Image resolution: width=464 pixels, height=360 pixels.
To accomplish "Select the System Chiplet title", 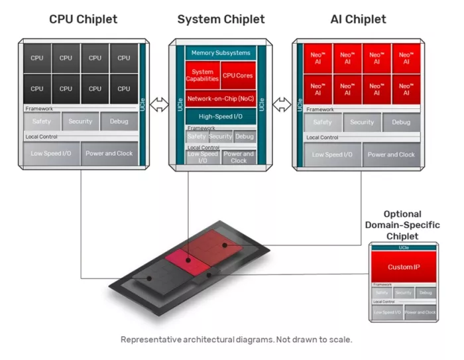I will [221, 19].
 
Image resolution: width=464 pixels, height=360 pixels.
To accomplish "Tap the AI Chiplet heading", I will [358, 19].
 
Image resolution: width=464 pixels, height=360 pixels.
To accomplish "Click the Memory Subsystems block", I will [221, 52].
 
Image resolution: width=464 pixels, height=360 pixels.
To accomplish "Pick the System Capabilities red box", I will [202, 76].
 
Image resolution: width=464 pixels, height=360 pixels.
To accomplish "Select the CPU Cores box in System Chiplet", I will [237, 76].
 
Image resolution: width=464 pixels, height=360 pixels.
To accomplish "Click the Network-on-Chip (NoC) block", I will [220, 98].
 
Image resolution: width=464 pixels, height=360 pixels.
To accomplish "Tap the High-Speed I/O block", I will [220, 115].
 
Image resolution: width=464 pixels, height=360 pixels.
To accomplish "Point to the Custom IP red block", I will [404, 267].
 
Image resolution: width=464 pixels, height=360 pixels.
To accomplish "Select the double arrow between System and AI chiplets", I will [282, 104].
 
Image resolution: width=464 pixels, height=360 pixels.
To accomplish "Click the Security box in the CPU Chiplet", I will [80, 121].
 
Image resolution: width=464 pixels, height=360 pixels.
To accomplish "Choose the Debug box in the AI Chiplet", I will [400, 122].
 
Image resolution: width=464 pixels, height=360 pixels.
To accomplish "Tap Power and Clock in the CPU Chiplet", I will [109, 154].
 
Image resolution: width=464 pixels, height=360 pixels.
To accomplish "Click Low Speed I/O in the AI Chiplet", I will [333, 154].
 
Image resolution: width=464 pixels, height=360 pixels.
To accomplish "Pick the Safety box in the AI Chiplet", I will [322, 122].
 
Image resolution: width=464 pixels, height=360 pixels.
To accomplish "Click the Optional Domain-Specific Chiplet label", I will [402, 225].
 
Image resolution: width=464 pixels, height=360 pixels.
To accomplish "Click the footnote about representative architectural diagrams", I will [236, 339].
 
